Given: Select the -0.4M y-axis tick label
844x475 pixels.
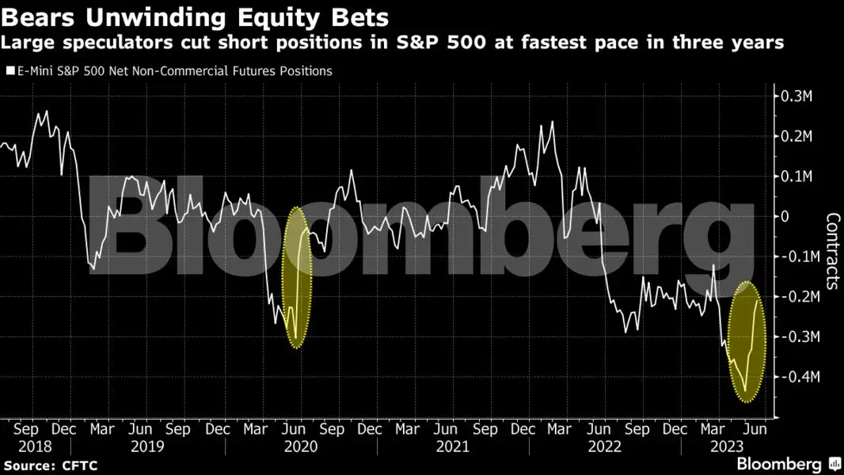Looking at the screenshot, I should pyautogui.click(x=794, y=377).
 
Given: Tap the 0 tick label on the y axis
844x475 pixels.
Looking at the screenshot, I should pyautogui.click(x=785, y=216).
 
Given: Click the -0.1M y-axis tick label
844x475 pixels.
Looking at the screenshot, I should pyautogui.click(x=794, y=256).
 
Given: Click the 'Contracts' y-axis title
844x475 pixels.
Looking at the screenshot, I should pyautogui.click(x=832, y=251).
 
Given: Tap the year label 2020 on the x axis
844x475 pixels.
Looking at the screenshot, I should pyautogui.click(x=301, y=446).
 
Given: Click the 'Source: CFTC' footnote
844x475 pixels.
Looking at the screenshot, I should pyautogui.click(x=50, y=465).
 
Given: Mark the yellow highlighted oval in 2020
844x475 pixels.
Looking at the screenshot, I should pyautogui.click(x=296, y=277).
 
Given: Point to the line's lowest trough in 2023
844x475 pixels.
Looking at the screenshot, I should pyautogui.click(x=746, y=391).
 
